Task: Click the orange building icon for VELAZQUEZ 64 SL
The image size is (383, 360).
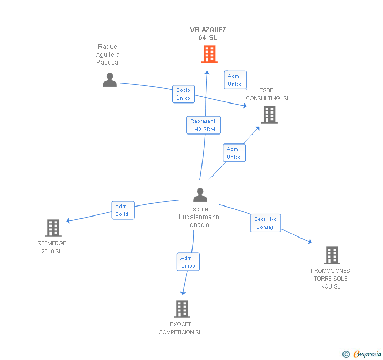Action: point(209,54)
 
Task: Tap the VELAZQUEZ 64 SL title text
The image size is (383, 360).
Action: point(208,34)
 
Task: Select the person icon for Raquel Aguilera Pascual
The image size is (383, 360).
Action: point(109,79)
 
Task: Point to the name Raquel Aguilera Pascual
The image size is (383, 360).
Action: point(108,55)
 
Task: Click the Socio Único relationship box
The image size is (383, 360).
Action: point(183,94)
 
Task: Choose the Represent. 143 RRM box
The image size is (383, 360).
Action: point(204,125)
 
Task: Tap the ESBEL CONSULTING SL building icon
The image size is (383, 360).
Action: point(269,115)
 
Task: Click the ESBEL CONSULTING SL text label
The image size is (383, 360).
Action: point(268,95)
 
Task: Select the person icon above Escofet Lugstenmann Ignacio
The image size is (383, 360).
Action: point(200,194)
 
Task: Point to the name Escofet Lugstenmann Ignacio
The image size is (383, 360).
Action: point(199,217)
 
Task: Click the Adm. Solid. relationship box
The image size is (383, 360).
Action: point(123,210)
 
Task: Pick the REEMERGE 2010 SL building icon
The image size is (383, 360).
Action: point(53,228)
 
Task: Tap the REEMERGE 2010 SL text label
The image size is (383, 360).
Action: point(52,247)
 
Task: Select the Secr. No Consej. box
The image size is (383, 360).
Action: point(266,223)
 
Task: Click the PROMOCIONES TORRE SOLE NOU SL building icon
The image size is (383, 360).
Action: point(332,255)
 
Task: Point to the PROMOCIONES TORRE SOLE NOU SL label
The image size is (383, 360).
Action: point(330,279)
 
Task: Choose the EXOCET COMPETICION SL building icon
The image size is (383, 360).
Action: point(182,308)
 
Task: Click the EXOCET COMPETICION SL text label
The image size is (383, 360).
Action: point(180,328)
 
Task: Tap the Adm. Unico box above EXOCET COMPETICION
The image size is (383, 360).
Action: point(188,262)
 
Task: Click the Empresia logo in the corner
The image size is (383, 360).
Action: point(362,354)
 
